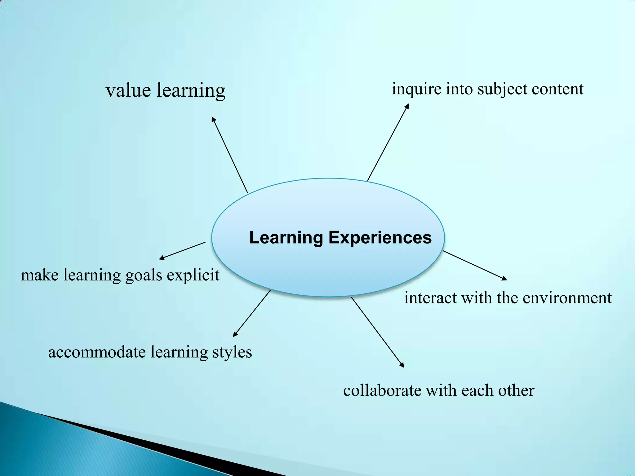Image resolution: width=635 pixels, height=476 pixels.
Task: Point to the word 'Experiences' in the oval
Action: [380, 238]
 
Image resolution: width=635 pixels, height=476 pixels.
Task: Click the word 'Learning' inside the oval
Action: [286, 238]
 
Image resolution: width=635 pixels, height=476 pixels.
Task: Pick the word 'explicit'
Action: [193, 275]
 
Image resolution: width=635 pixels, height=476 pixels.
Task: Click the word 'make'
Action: [39, 275]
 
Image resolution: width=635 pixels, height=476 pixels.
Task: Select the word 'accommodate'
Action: [97, 352]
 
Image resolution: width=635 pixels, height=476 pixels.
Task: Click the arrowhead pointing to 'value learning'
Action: [213, 119]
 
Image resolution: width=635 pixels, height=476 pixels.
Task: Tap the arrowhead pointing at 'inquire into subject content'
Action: [407, 106]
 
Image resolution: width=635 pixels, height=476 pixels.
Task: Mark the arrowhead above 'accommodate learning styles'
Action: [235, 334]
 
